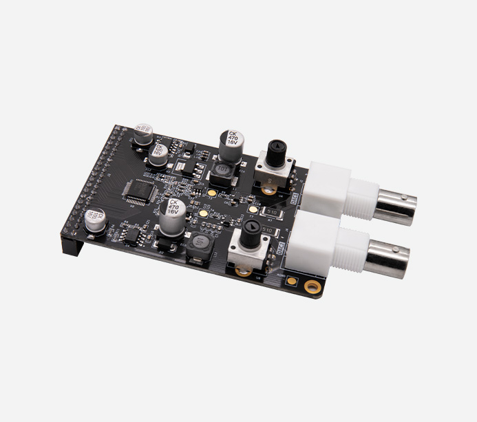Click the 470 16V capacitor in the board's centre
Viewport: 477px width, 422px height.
[x=172, y=213]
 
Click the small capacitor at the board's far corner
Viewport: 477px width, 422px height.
[x=142, y=132]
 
